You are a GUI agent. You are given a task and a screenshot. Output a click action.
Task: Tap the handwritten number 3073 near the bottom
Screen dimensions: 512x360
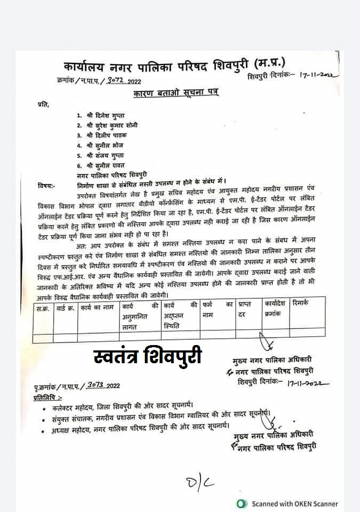pos(94,385)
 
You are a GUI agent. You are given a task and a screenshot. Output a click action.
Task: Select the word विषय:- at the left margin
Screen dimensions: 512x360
pos(47,186)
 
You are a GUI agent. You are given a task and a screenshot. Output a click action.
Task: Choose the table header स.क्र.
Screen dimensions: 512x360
pos(43,308)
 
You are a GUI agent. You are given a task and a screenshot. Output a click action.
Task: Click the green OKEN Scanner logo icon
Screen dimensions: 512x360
pos(242,503)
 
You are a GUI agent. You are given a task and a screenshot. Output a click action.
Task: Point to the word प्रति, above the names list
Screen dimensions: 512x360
pos(43,104)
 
